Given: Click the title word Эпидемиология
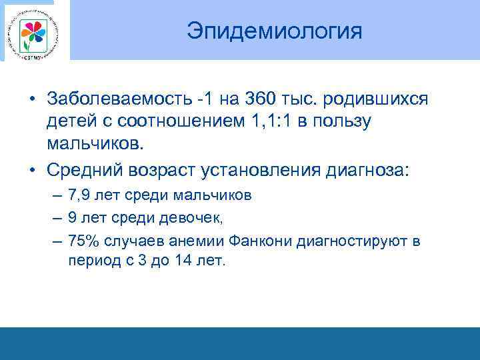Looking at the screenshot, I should click(x=274, y=31).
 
